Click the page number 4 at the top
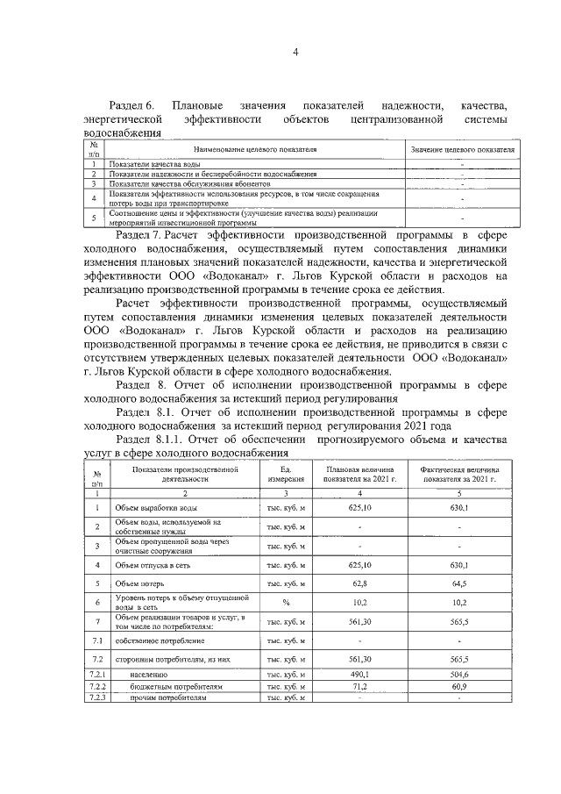(295, 52)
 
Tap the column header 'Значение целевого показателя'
(463, 150)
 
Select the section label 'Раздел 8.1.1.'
(147, 440)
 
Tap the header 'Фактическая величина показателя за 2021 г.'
(459, 475)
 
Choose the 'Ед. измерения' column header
(286, 475)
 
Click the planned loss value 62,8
(359, 583)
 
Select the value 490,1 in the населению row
(359, 675)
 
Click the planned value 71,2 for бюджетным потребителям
(359, 687)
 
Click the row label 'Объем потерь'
(139, 583)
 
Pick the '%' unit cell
(286, 603)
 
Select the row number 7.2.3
(97, 698)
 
